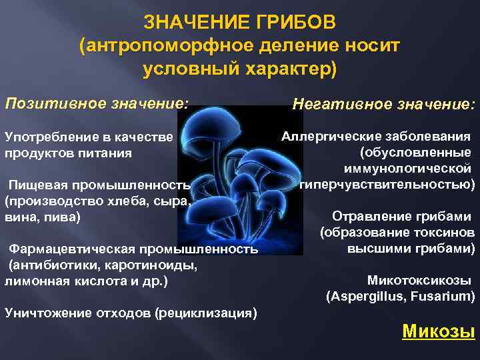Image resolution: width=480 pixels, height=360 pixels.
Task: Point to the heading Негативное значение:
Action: coord(384,105)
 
